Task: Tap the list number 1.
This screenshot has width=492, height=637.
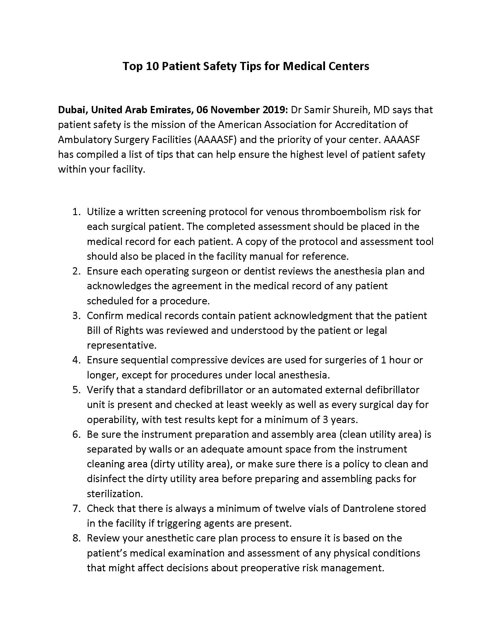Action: pyautogui.click(x=76, y=212)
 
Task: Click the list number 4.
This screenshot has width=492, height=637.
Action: pyautogui.click(x=76, y=360)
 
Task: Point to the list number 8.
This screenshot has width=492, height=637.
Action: pyautogui.click(x=76, y=538)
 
